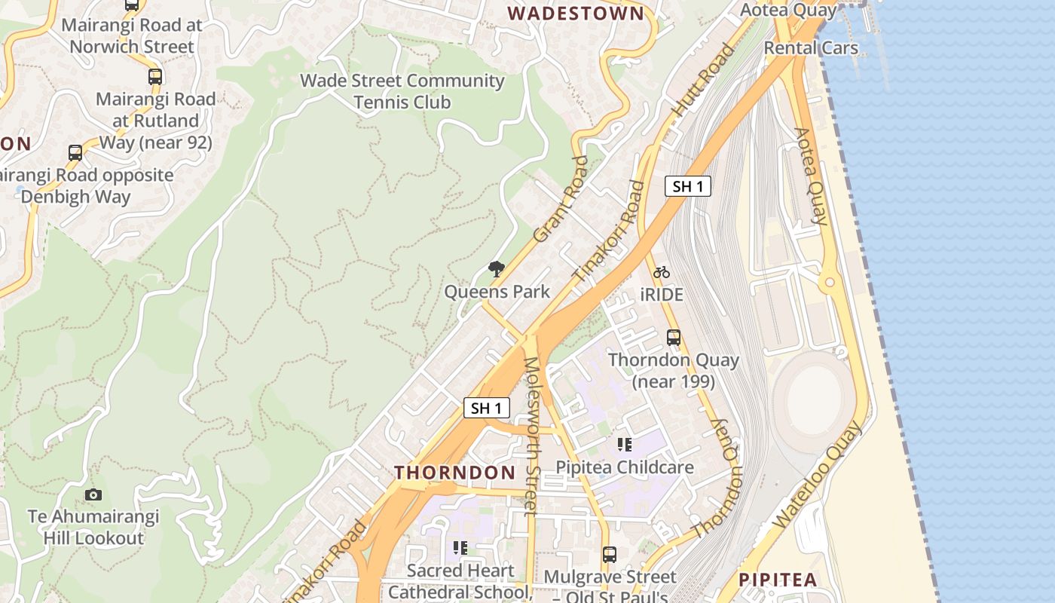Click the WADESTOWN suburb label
tap(576, 13)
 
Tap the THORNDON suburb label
tap(455, 473)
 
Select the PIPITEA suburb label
tap(778, 580)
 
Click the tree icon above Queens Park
tap(496, 268)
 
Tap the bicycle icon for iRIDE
tap(662, 272)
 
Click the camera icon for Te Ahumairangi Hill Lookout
tap(93, 494)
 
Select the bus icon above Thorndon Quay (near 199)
tap(674, 338)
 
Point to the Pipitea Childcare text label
tap(624, 467)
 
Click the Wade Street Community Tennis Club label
tap(402, 91)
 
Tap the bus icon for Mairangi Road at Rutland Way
tap(154, 76)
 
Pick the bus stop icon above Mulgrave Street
tap(610, 555)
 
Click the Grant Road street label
tap(560, 200)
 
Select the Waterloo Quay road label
tap(818, 476)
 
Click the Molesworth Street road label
tap(531, 436)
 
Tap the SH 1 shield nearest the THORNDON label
tap(486, 409)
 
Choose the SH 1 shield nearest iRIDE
tap(687, 186)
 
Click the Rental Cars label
tap(811, 47)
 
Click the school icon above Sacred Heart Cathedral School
tap(460, 548)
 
